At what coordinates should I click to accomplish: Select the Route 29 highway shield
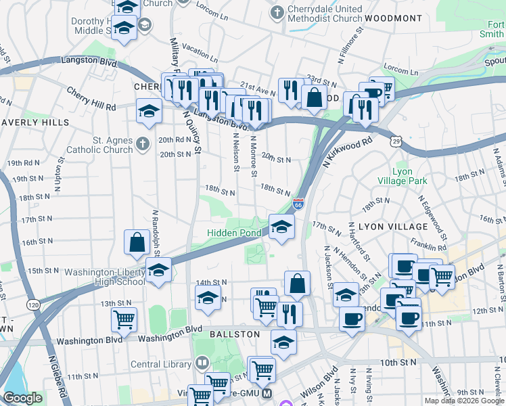point(396,138)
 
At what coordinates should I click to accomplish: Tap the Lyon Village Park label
point(409,177)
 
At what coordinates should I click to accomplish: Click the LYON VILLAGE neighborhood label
point(393,227)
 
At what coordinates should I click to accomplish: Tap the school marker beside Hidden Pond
point(281,227)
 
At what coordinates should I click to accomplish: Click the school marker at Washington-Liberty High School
point(158,270)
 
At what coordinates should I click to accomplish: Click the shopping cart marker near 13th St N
point(124,319)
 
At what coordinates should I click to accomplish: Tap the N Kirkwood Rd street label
point(350,154)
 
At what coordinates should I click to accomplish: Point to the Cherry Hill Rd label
point(91,99)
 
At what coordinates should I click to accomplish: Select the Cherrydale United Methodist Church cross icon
point(276,13)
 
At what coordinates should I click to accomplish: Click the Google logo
point(22,398)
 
